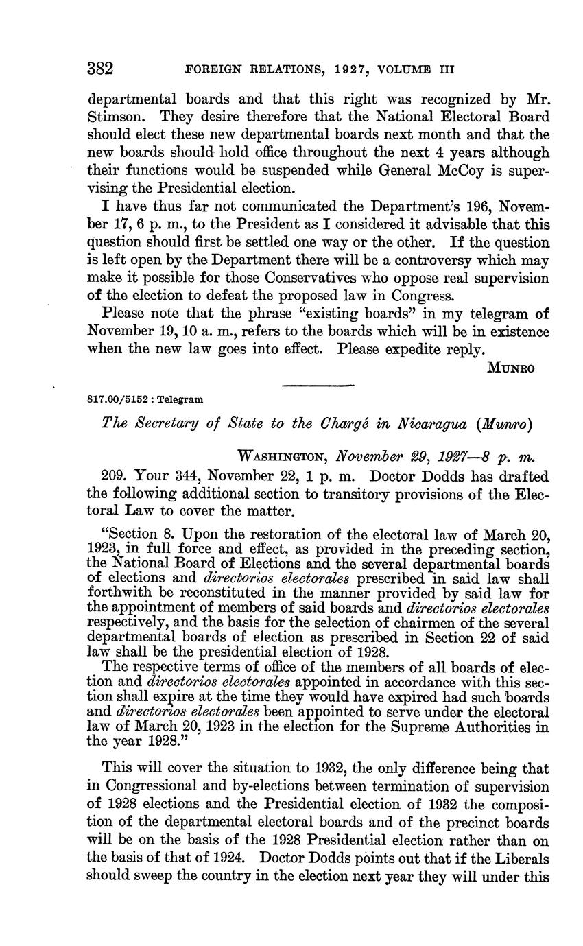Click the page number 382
[99, 69]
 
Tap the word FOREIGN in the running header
[213, 69]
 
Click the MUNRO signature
[510, 368]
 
